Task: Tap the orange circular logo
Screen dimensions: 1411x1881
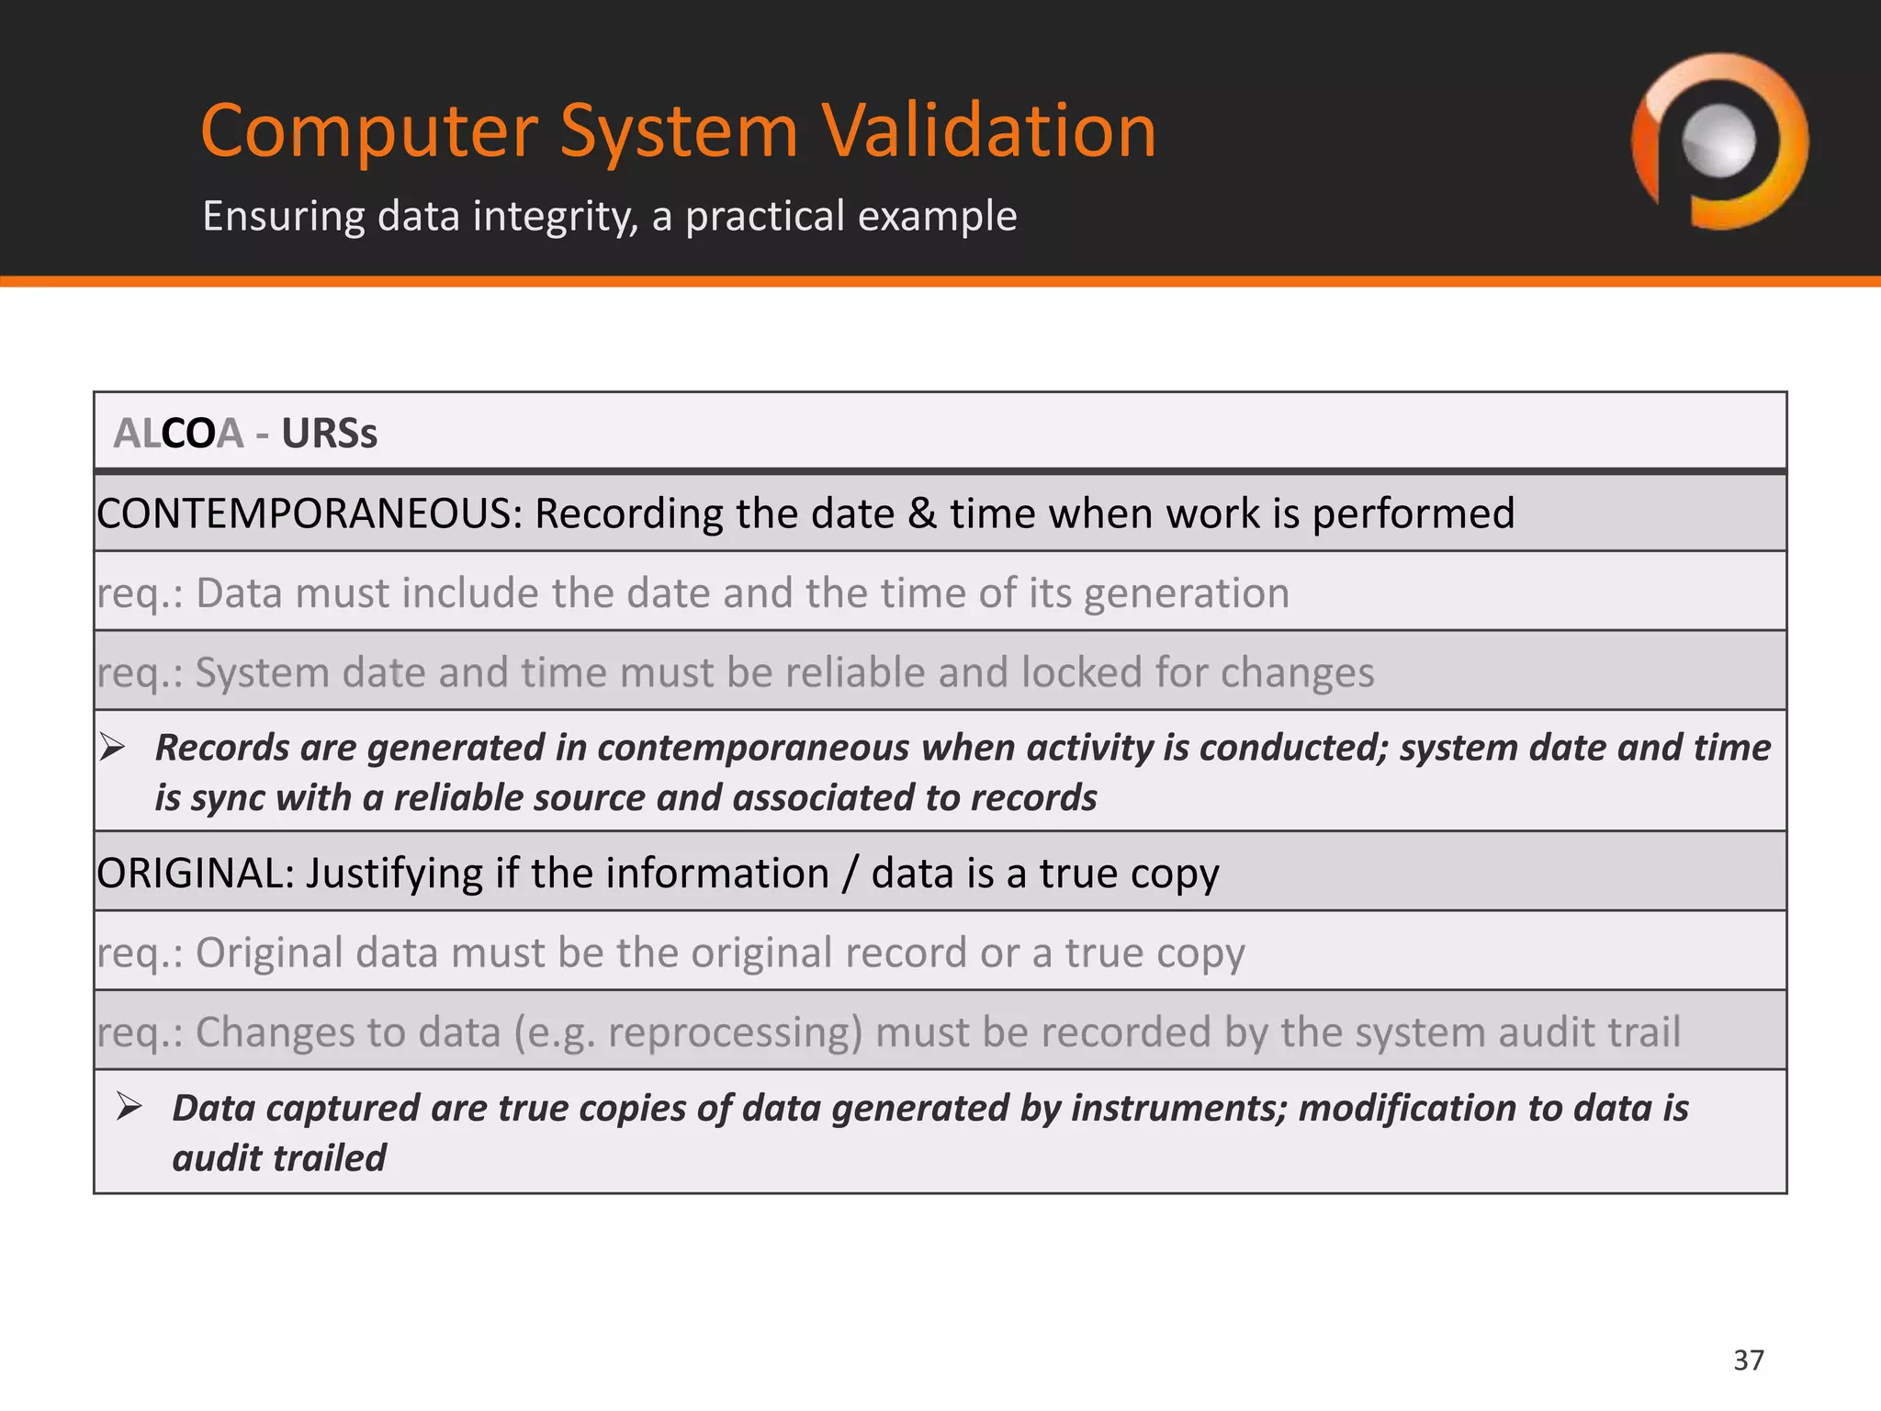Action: pyautogui.click(x=1719, y=141)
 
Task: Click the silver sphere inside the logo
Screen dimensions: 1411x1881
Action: pyautogui.click(x=1718, y=141)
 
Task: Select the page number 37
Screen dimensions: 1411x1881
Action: pyautogui.click(x=1749, y=1360)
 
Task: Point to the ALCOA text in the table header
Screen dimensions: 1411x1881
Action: pyautogui.click(x=178, y=434)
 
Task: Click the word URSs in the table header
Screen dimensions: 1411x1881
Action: pyautogui.click(x=329, y=434)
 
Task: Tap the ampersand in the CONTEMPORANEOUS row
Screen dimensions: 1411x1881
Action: pyautogui.click(x=922, y=514)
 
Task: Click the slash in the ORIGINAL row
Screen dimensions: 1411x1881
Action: pyautogui.click(x=850, y=873)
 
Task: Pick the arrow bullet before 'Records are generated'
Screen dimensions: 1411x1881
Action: pyautogui.click(x=113, y=747)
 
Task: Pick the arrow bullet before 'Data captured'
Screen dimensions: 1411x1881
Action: pyautogui.click(x=130, y=1106)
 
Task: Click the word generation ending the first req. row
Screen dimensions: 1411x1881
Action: pyautogui.click(x=1187, y=593)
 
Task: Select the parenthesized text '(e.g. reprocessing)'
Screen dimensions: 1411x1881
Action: pyautogui.click(x=688, y=1033)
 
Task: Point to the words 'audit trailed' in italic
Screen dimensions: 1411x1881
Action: pyautogui.click(x=279, y=1158)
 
